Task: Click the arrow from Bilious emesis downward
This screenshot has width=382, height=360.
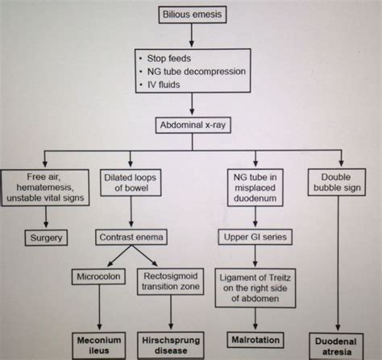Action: (x=192, y=35)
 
